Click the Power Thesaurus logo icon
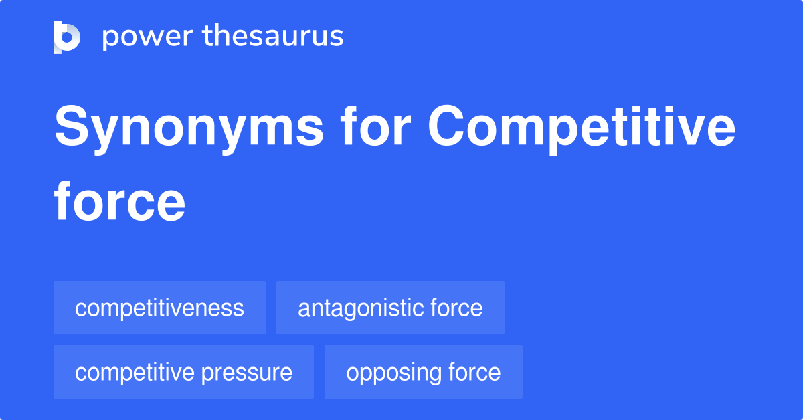[67, 37]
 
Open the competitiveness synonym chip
[159, 308]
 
